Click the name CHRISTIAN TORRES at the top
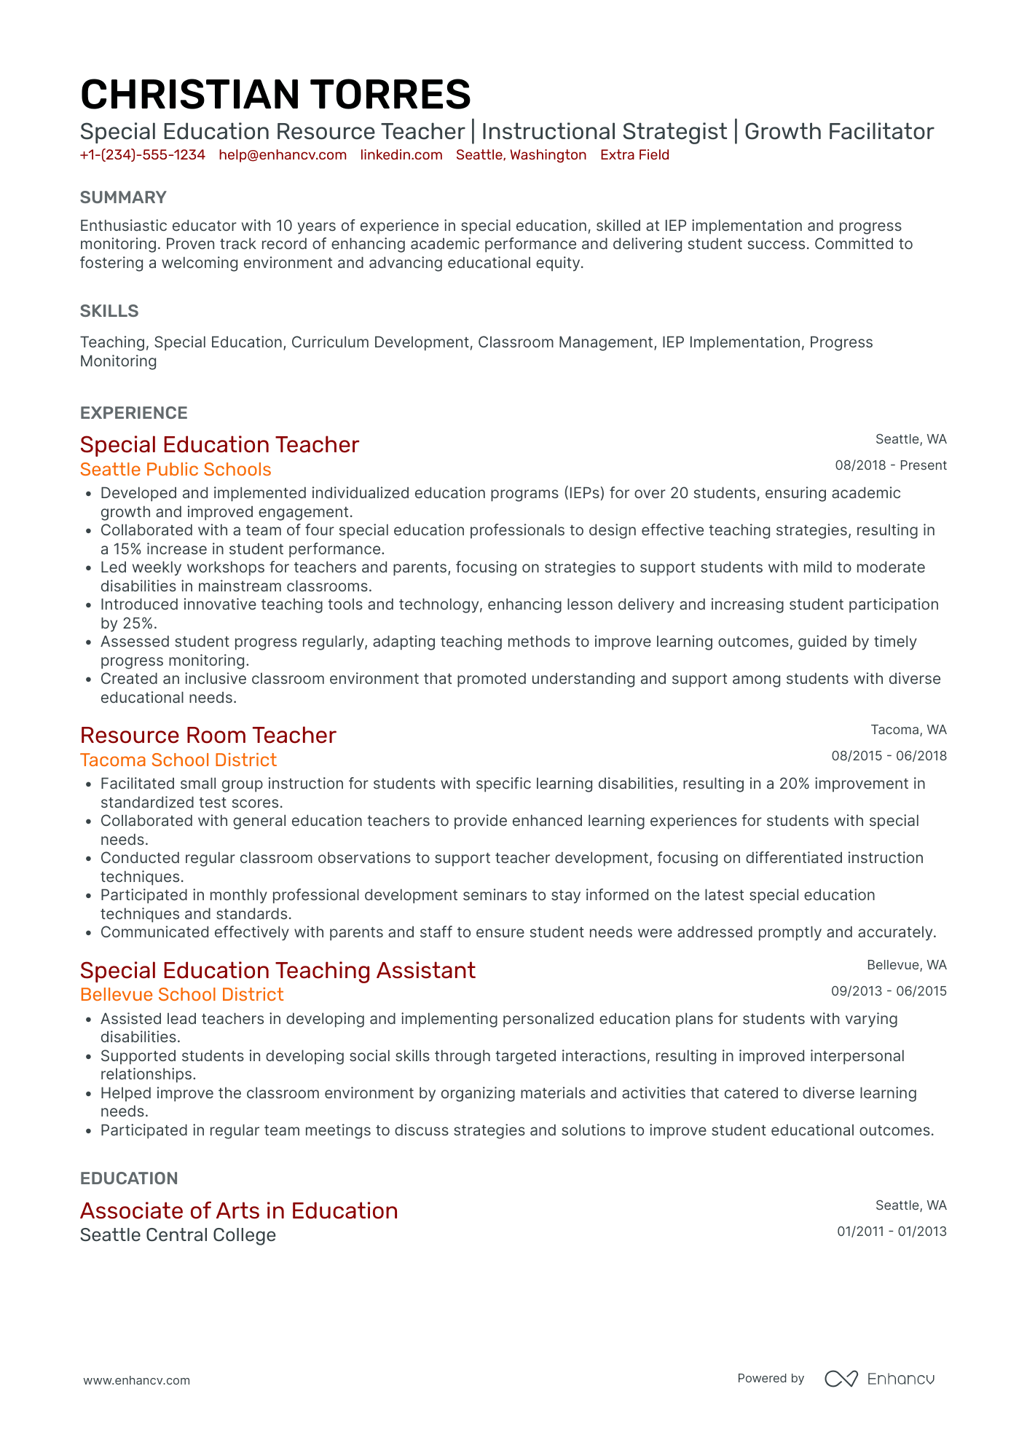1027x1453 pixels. pyautogui.click(x=275, y=95)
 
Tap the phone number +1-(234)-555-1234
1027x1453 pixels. pyautogui.click(x=142, y=155)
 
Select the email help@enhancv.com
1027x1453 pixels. pyautogui.click(x=283, y=155)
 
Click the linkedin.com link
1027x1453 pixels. pyautogui.click(x=401, y=155)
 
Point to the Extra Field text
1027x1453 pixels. pyautogui.click(x=634, y=155)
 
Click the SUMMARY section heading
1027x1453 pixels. pyautogui.click(x=123, y=197)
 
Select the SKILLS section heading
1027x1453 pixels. pyautogui.click(x=109, y=311)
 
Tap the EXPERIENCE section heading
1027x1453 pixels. pyautogui.click(x=133, y=413)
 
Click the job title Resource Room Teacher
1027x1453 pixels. pyautogui.click(x=208, y=736)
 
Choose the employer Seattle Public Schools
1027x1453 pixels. pyautogui.click(x=176, y=470)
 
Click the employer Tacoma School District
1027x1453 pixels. pyautogui.click(x=178, y=760)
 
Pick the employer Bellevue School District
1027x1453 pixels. pyautogui.click(x=181, y=995)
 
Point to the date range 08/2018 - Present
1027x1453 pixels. pyautogui.click(x=890, y=465)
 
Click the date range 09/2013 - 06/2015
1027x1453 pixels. pyautogui.click(x=889, y=991)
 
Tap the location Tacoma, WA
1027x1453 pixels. pyautogui.click(x=908, y=730)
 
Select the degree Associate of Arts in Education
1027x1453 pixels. pyautogui.click(x=239, y=1210)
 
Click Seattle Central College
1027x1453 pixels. pyautogui.click(x=178, y=1235)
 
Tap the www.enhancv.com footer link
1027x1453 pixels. pyautogui.click(x=136, y=1380)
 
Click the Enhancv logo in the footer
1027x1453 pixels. pyautogui.click(x=879, y=1379)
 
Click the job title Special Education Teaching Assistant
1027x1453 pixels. pyautogui.click(x=278, y=971)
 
